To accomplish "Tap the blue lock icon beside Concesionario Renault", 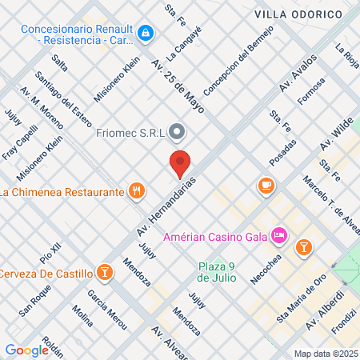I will click(x=145, y=33).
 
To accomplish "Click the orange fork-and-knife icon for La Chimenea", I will click(x=137, y=191).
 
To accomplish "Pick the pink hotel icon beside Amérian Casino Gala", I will click(x=279, y=235).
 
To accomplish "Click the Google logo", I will click(x=26, y=350).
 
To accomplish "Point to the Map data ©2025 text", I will click(x=324, y=354).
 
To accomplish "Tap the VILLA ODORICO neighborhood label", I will click(x=297, y=14).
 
